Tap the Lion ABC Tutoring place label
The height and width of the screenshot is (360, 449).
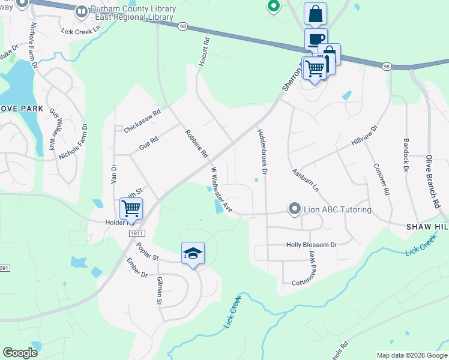pos(337,209)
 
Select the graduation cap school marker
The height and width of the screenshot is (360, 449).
pos(193,254)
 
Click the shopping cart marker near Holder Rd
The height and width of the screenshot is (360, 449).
pos(131,208)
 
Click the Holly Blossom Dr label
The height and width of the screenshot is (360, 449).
pos(312,245)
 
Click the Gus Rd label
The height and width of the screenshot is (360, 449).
pos(148,143)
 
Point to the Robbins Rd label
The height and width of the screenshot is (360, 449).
pos(196,144)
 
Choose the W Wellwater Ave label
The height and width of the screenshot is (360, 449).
pos(220,190)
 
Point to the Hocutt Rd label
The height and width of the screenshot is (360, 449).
pos(203,52)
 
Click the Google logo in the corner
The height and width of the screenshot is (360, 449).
pos(20,352)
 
